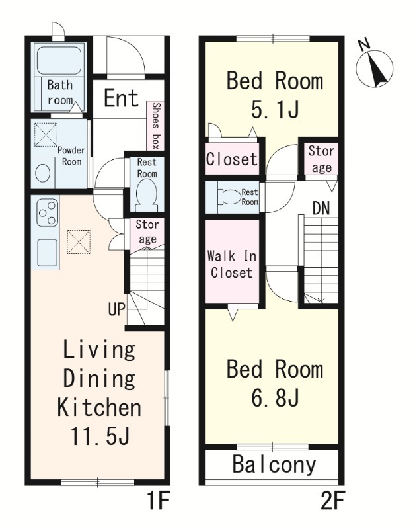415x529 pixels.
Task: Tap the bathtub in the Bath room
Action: tap(59, 61)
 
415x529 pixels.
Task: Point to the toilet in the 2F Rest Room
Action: tap(230, 197)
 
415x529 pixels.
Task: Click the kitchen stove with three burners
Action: tap(48, 212)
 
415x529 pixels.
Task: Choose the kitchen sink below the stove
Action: tap(47, 253)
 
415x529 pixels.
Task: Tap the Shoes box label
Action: tap(155, 126)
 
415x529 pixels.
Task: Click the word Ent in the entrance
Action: tap(121, 98)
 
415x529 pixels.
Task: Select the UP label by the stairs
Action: tap(117, 308)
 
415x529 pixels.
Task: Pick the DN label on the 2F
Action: tap(321, 208)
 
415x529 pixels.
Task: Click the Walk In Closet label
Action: tap(231, 264)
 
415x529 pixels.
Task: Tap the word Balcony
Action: tap(274, 465)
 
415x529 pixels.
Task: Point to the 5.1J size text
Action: tap(275, 109)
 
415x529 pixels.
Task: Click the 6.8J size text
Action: tap(275, 397)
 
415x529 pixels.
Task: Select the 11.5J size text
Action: tap(99, 436)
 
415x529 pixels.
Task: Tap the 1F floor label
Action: tap(157, 501)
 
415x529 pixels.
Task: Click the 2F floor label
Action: tap(332, 501)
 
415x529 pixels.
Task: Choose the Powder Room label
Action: tap(71, 156)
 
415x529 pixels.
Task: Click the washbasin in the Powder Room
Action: tap(43, 173)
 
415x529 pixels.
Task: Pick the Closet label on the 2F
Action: tap(231, 159)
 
